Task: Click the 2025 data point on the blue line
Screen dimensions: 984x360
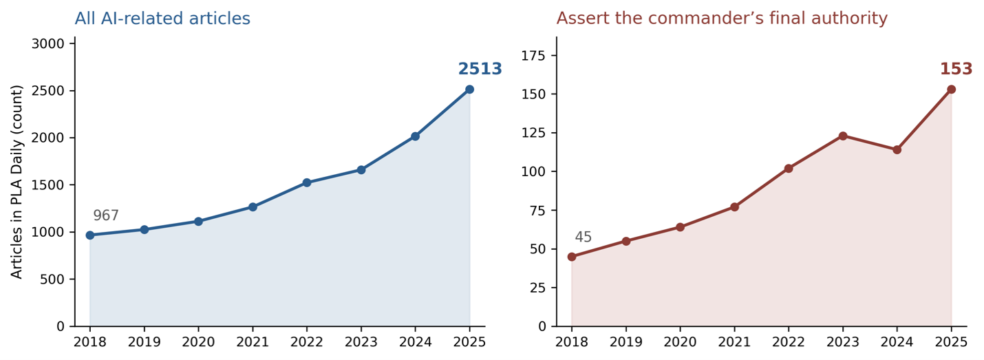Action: pos(469,89)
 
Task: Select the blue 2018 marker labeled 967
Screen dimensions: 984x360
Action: pos(90,235)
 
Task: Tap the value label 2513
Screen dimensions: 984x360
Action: pos(480,69)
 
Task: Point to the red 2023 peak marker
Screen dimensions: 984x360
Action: pos(842,136)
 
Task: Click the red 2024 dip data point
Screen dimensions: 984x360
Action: pos(897,150)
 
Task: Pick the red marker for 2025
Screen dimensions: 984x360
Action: pos(951,89)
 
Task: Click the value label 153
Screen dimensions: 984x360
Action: pos(956,69)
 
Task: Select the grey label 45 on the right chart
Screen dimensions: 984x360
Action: pos(584,237)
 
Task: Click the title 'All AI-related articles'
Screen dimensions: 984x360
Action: pos(162,19)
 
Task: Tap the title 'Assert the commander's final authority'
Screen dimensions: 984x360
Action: pos(723,19)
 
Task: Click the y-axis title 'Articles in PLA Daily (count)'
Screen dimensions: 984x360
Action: pos(17,182)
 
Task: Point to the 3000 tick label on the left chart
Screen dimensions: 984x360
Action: pos(48,44)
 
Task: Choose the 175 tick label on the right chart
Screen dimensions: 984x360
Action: pos(533,56)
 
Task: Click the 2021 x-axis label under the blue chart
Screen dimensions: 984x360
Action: pos(253,342)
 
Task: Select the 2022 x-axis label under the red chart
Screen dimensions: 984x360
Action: pos(789,342)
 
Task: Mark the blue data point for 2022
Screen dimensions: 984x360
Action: pos(307,182)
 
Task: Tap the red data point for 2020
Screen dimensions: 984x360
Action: pos(680,227)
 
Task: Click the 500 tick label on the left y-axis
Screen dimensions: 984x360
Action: pos(52,279)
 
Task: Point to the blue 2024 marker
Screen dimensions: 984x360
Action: pos(415,136)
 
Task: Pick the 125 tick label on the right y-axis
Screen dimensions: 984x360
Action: pos(533,133)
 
